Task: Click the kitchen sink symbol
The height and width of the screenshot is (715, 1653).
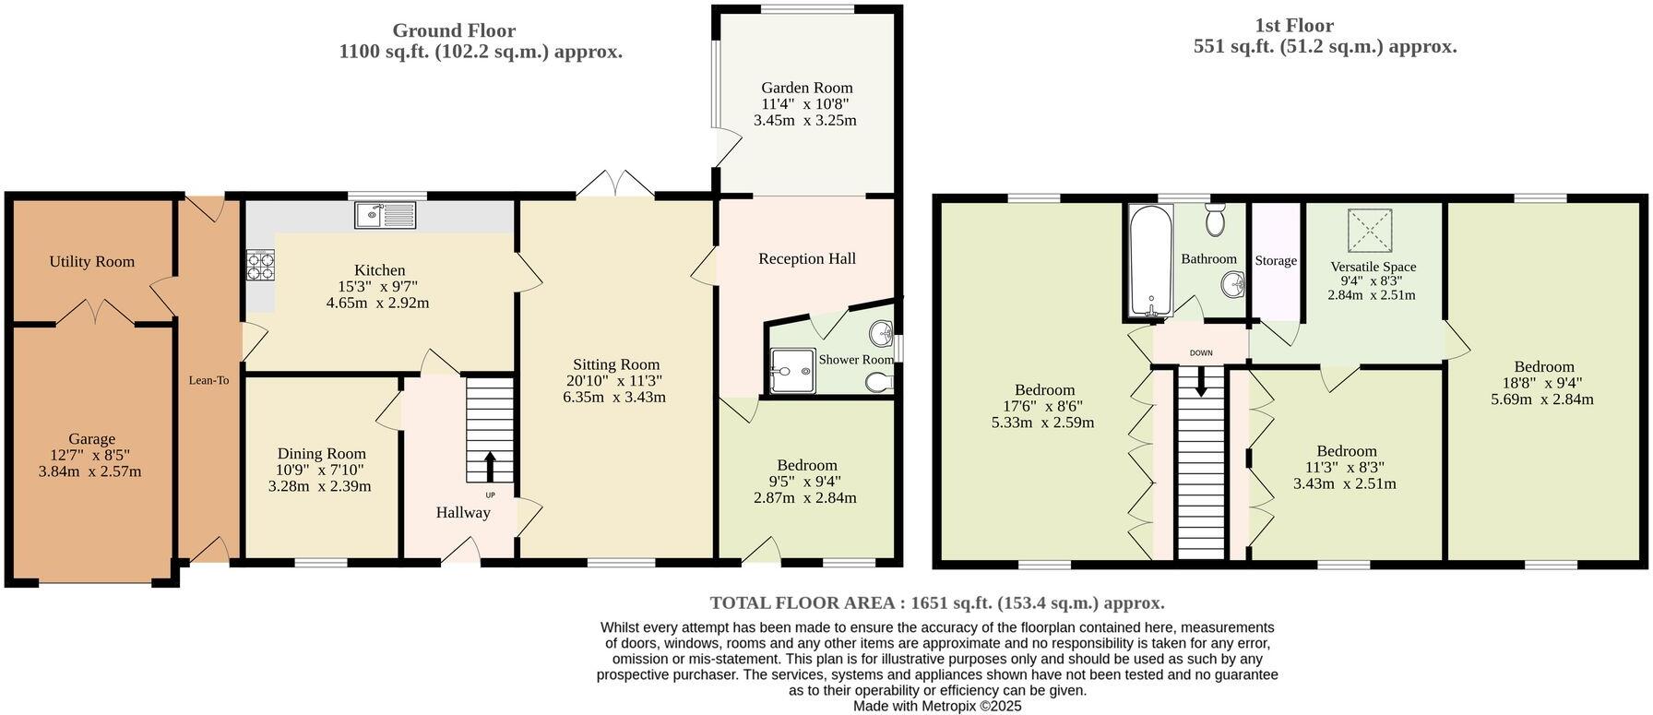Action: [x=386, y=215]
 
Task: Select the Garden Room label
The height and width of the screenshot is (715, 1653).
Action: [x=806, y=88]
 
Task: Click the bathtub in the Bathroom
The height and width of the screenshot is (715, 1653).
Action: [x=1149, y=260]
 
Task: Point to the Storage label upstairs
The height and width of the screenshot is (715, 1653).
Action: [x=1276, y=261]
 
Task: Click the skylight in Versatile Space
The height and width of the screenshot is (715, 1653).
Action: [x=1371, y=230]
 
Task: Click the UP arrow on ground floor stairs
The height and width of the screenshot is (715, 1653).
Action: [x=489, y=466]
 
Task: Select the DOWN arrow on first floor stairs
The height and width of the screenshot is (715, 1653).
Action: [x=1200, y=381]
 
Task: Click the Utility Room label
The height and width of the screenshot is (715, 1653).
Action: [x=92, y=262]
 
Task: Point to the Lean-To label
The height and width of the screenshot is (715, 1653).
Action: [x=208, y=380]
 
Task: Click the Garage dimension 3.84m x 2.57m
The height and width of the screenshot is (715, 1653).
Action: [x=90, y=471]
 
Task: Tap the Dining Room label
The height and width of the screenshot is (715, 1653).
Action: [x=321, y=454]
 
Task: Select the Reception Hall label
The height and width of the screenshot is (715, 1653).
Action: [x=806, y=258]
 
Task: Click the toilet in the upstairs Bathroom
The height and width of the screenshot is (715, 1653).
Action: [x=1214, y=219]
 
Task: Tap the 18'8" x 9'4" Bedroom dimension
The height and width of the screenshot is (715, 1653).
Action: [x=1543, y=383]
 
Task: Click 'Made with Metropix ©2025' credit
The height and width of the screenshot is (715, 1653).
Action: [x=936, y=707]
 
